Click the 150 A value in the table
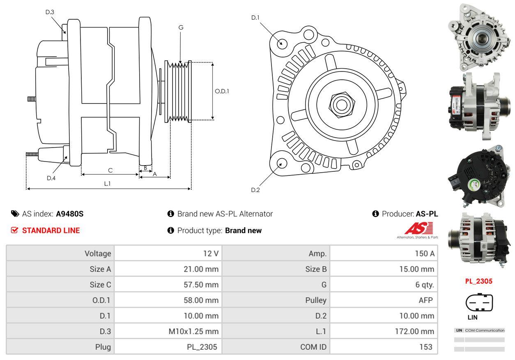pyautogui.click(x=424, y=254)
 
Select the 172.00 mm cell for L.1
pyautogui.click(x=414, y=331)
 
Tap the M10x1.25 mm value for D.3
pyautogui.click(x=193, y=331)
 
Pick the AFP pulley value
pyautogui.click(x=425, y=300)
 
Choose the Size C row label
pyautogui.click(x=100, y=284)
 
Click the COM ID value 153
pyautogui.click(x=426, y=347)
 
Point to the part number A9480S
pyautogui.click(x=70, y=214)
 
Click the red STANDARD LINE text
pyautogui.click(x=51, y=231)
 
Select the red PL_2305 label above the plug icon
pyautogui.click(x=479, y=281)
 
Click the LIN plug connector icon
pyautogui.click(x=479, y=302)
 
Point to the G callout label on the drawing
pyautogui.click(x=181, y=28)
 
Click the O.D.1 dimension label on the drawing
pyautogui.click(x=222, y=91)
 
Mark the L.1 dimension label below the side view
pyautogui.click(x=107, y=184)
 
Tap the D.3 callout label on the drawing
pyautogui.click(x=50, y=12)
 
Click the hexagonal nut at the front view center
pyautogui.click(x=342, y=105)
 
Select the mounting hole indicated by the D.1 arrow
pyautogui.click(x=282, y=44)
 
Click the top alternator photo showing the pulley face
pyautogui.click(x=479, y=37)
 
